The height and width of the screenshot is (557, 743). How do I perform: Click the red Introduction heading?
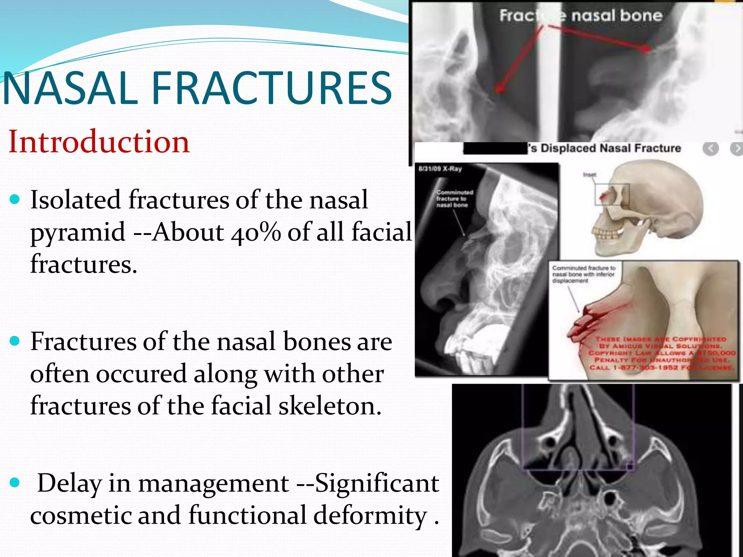pos(99,142)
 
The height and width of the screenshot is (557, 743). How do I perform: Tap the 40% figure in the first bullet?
pos(256,232)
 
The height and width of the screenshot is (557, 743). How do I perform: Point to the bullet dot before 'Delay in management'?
pos(15,483)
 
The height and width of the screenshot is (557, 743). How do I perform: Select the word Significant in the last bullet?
pos(377,483)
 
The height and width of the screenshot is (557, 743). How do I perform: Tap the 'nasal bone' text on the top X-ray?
pos(617,16)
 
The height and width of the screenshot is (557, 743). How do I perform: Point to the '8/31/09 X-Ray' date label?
pos(440,169)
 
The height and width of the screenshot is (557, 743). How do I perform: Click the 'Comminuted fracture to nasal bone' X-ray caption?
pos(455,199)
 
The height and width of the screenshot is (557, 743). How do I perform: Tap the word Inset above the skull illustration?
pos(590,175)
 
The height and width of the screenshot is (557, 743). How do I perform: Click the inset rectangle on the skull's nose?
pos(612,194)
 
